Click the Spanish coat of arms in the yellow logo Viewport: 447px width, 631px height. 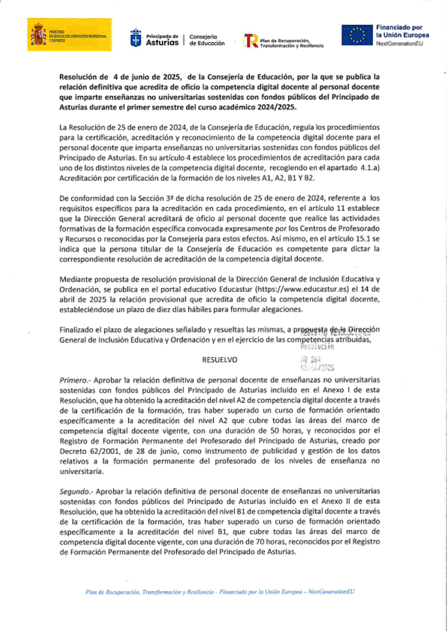38,35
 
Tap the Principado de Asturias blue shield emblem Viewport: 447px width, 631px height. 135,38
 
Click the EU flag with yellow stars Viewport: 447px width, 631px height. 357,35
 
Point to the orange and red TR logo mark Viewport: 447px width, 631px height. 250,41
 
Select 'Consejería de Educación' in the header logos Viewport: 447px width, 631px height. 207,40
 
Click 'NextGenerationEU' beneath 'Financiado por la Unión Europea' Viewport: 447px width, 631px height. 399,44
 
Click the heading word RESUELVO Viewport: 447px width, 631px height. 219,360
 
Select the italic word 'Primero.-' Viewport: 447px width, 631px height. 75,380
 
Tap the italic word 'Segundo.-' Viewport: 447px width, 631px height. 76,492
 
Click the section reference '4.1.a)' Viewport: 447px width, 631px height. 370,168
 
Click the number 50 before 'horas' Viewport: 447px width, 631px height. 275,431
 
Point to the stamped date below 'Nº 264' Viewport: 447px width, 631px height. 317,368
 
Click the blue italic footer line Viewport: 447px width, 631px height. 220,592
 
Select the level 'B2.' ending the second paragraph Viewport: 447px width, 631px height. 309,178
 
